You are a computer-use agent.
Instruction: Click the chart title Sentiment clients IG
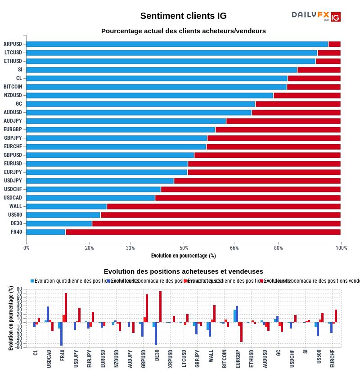tap(183, 16)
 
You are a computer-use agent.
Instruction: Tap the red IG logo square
tap(335, 17)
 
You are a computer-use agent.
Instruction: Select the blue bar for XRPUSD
tap(177, 44)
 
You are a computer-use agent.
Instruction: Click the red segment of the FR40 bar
tap(202, 232)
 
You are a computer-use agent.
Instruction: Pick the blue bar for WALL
tap(67, 206)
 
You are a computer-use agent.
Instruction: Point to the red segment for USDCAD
tap(247, 198)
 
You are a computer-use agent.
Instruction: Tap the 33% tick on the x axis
tap(130, 248)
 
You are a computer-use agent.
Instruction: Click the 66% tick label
tap(234, 248)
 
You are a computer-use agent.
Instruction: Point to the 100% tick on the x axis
tap(341, 248)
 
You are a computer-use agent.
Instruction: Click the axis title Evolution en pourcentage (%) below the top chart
tap(183, 256)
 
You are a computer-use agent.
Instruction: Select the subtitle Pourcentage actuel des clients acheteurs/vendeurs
tap(183, 31)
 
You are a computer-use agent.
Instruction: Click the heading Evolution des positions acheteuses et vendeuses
tap(183, 271)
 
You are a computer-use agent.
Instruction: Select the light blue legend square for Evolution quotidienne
tap(32, 281)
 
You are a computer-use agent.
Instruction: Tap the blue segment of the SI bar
tap(162, 70)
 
